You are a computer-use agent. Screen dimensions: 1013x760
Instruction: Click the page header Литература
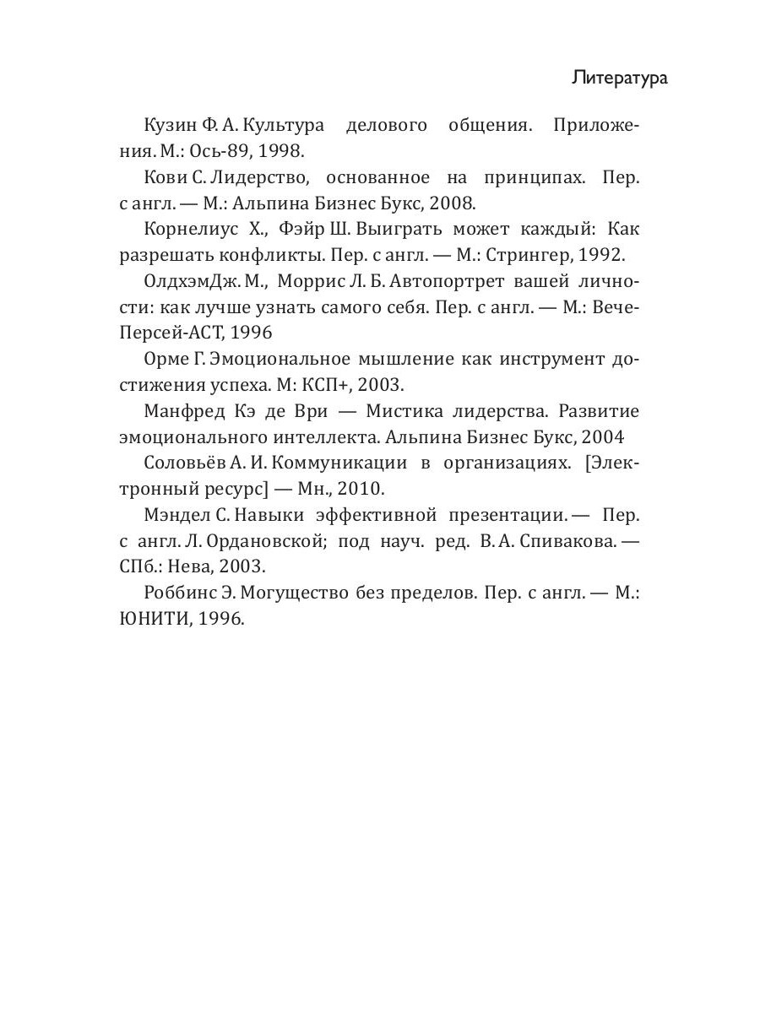pyautogui.click(x=619, y=79)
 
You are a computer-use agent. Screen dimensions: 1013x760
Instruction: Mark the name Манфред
pyautogui.click(x=178, y=412)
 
